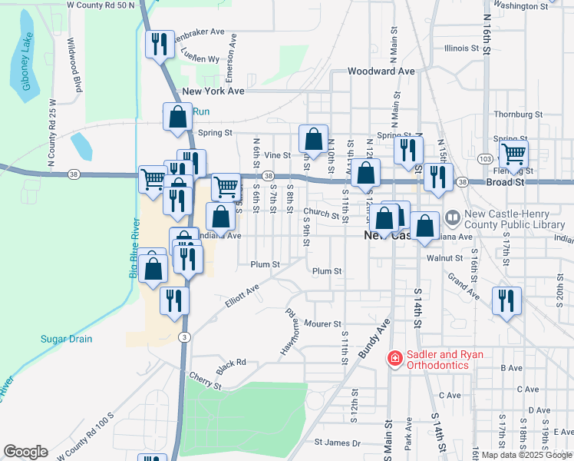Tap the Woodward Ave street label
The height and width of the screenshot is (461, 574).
click(x=381, y=71)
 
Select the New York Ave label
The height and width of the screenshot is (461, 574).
click(x=213, y=91)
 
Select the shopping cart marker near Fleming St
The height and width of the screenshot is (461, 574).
click(x=513, y=154)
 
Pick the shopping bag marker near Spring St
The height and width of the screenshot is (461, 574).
click(x=313, y=140)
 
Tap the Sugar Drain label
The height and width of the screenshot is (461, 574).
click(x=66, y=339)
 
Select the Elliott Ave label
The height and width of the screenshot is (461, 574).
click(x=242, y=297)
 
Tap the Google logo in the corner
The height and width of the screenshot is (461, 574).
click(x=26, y=451)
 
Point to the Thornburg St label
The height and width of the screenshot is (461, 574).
click(x=518, y=114)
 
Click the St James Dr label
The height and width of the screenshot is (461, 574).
click(x=338, y=443)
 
